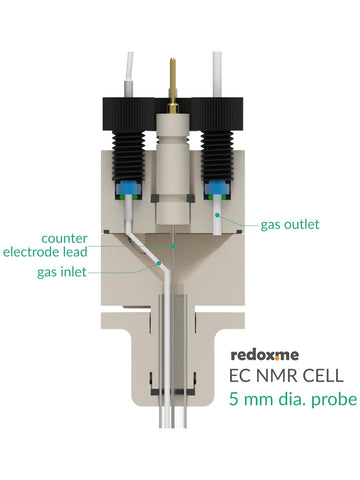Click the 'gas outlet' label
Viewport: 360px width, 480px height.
click(290, 225)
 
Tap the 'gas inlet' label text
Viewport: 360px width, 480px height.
click(62, 272)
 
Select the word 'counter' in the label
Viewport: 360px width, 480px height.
click(64, 238)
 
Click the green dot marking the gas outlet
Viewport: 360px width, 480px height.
click(217, 215)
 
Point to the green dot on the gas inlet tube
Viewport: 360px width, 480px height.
click(159, 263)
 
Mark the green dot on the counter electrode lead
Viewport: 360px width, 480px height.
click(173, 246)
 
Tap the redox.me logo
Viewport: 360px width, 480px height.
click(265, 355)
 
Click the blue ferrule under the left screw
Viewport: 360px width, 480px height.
click(128, 190)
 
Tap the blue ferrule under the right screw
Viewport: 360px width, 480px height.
click(217, 189)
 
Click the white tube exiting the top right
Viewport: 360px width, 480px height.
click(217, 74)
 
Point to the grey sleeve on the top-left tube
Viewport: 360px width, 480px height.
click(128, 89)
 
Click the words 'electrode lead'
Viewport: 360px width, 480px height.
click(45, 252)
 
